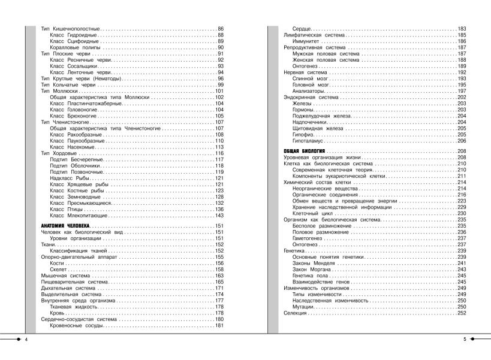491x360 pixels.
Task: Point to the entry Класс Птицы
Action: pos(65,210)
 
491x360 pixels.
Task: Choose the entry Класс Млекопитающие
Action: pos(77,216)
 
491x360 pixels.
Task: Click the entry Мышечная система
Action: pos(64,276)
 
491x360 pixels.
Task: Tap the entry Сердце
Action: pos(301,29)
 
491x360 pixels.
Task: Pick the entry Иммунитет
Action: pos(306,42)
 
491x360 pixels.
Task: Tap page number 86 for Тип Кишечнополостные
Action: pos(220,29)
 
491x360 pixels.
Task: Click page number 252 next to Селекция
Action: pos(462,313)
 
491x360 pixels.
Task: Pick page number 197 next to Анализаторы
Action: pos(462,91)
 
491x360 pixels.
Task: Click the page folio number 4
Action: pos(26,340)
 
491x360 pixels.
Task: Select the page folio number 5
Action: pos(465,340)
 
